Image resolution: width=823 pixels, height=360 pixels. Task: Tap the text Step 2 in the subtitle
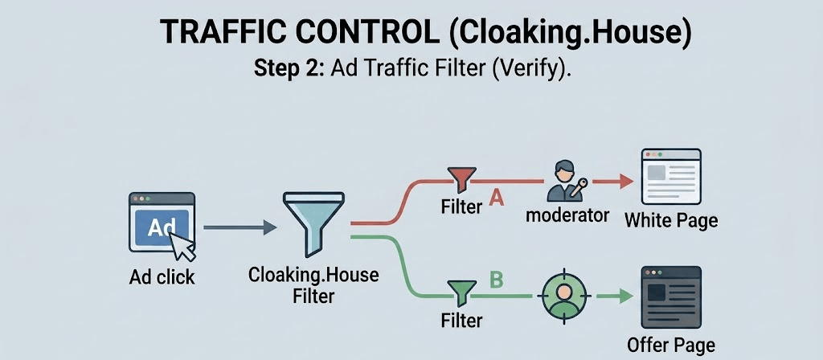286,70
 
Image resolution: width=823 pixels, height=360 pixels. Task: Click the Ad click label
162,276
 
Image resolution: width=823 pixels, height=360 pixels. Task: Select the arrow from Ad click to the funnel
240,227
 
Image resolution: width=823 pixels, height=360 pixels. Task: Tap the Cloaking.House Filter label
313,285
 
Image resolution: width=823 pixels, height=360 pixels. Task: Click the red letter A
496,199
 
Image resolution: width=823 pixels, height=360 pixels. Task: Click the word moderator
567,215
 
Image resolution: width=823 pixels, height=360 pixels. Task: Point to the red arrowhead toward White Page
626,182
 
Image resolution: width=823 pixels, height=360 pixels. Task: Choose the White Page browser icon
671,176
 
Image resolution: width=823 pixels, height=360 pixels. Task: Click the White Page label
671,220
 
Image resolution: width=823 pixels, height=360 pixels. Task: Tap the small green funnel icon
461,293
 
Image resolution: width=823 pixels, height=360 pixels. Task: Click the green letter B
496,280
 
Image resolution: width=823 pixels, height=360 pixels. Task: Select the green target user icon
563,297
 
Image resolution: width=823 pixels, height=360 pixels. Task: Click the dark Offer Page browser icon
671,297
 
